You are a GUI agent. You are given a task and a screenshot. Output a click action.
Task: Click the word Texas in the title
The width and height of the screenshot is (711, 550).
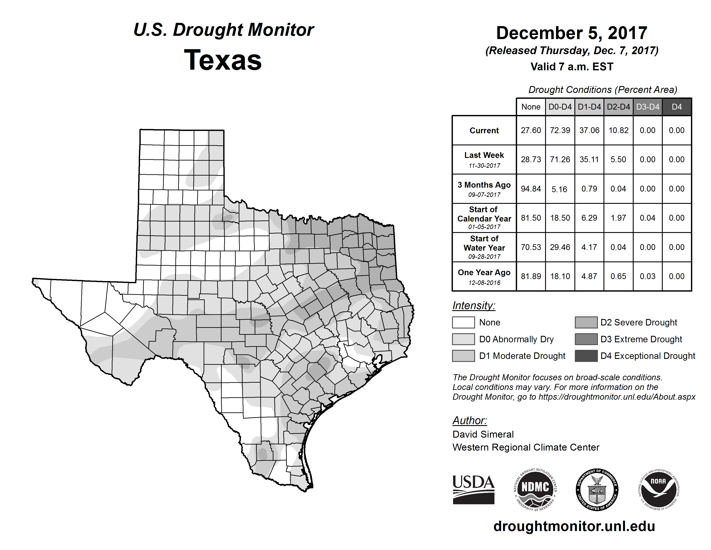pyautogui.click(x=223, y=60)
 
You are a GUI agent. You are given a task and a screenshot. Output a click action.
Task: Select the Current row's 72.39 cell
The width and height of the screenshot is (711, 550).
pyautogui.click(x=560, y=130)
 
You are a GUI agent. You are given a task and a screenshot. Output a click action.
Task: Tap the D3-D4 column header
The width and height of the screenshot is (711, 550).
pyautogui.click(x=647, y=107)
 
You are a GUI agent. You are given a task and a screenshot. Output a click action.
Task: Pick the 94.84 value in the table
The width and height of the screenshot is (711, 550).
pyautogui.click(x=531, y=189)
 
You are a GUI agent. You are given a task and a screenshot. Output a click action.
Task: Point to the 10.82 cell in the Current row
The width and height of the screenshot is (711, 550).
pyautogui.click(x=618, y=130)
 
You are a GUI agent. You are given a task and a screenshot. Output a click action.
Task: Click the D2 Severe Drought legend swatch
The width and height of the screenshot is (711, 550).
pyautogui.click(x=586, y=322)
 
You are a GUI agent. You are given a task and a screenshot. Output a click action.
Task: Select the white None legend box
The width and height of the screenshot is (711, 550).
pyautogui.click(x=463, y=322)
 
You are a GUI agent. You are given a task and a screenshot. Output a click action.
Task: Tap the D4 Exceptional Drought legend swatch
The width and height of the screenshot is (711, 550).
pyautogui.click(x=586, y=356)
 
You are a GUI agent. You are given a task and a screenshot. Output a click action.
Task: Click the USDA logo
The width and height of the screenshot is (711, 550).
pyautogui.click(x=473, y=489)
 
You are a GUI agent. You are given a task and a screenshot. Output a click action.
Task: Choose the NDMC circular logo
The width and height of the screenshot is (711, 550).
pyautogui.click(x=535, y=489)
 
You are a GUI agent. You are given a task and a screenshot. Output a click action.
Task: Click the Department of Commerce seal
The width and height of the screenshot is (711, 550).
pyautogui.click(x=597, y=489)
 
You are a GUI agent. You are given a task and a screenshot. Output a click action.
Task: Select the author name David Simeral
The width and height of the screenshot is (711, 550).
pyautogui.click(x=483, y=434)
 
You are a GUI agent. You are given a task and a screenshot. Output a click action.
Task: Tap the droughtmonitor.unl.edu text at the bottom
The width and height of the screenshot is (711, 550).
pyautogui.click(x=574, y=526)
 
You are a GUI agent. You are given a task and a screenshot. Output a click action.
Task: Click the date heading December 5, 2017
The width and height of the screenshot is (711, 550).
pyautogui.click(x=572, y=33)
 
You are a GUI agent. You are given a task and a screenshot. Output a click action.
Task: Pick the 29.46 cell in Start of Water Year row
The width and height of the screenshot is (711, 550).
pyautogui.click(x=560, y=247)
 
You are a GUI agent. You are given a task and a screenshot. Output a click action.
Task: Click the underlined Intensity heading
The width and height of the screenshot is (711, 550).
pyautogui.click(x=474, y=306)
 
